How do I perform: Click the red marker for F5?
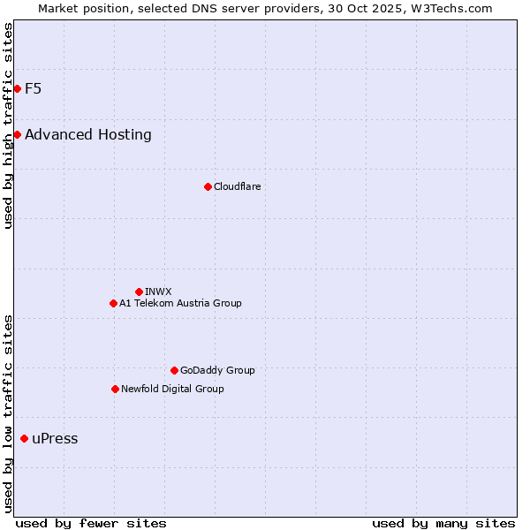(x=17, y=88)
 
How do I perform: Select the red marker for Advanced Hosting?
(x=17, y=134)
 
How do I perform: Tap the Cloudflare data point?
(x=208, y=186)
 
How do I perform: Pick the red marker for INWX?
(x=139, y=291)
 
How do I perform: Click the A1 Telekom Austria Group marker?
(x=113, y=303)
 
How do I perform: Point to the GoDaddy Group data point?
(x=174, y=370)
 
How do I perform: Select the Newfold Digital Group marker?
(x=115, y=389)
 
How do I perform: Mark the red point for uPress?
(x=24, y=438)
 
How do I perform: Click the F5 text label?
(x=34, y=88)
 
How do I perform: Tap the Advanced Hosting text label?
(x=88, y=134)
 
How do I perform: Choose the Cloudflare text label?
(x=237, y=186)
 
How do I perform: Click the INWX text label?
(x=158, y=291)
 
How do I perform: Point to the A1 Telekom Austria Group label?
(x=180, y=303)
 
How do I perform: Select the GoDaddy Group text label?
(x=217, y=370)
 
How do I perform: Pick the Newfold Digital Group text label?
(x=172, y=389)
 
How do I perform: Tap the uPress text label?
(x=55, y=439)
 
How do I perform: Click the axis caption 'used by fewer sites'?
(x=91, y=523)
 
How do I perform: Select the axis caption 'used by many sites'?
(x=443, y=523)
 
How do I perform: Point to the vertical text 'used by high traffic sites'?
(x=9, y=125)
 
